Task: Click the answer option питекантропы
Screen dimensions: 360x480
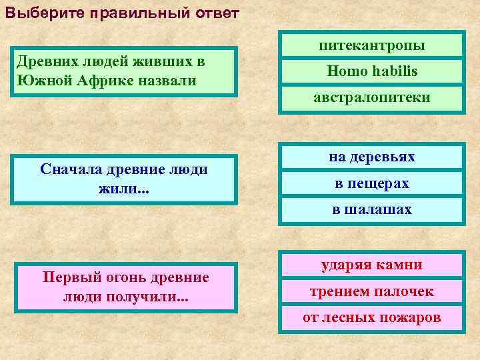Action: point(372,45)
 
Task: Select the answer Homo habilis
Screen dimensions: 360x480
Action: point(372,71)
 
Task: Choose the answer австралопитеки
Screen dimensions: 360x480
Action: point(372,97)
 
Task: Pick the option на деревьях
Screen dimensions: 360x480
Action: point(372,157)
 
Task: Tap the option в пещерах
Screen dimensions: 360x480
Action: point(372,183)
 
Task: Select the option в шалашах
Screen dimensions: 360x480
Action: point(372,209)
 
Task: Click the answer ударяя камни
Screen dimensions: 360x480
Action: point(372,265)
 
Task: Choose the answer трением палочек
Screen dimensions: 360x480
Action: point(372,291)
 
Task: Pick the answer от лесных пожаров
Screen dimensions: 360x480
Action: point(372,317)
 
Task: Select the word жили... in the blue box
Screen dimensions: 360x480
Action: point(125,190)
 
